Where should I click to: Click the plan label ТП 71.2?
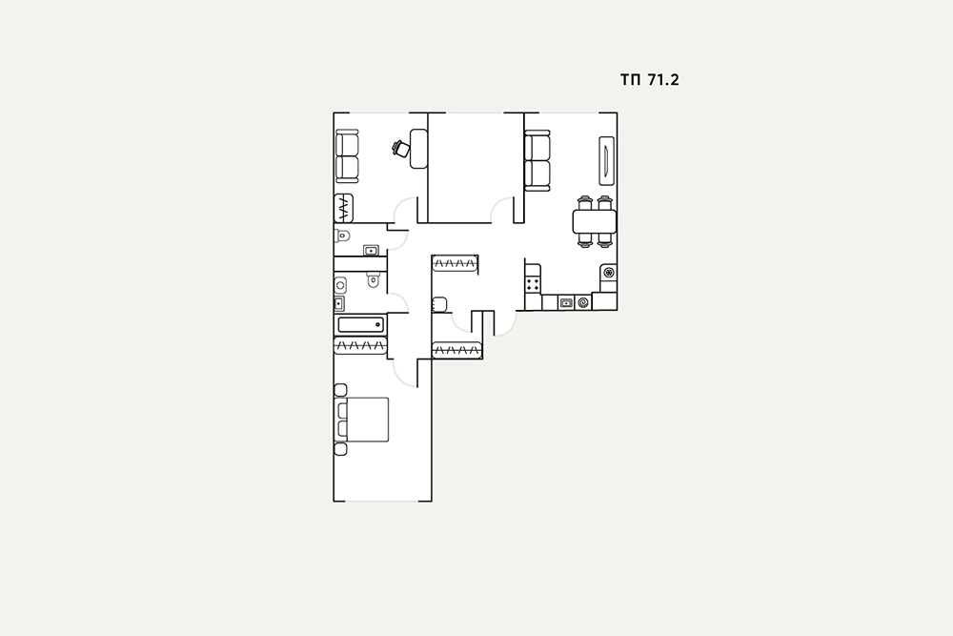pyautogui.click(x=649, y=80)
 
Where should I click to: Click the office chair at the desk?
pyautogui.click(x=401, y=148)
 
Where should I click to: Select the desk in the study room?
pyautogui.click(x=418, y=149)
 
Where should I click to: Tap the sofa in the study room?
pyautogui.click(x=348, y=156)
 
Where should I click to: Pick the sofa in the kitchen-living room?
pyautogui.click(x=537, y=160)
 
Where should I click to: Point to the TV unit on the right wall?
pyautogui.click(x=606, y=160)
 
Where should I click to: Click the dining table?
pyautogui.click(x=595, y=221)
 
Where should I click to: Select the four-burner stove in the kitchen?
pyautogui.click(x=534, y=283)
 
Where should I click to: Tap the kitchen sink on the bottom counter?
pyautogui.click(x=566, y=302)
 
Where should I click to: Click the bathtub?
pyautogui.click(x=361, y=325)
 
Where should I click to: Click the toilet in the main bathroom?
pyautogui.click(x=374, y=279)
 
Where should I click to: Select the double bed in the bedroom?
pyautogui.click(x=361, y=420)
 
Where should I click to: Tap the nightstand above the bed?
pyautogui.click(x=341, y=390)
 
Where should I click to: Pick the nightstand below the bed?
pyautogui.click(x=341, y=449)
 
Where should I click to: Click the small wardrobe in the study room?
pyautogui.click(x=343, y=209)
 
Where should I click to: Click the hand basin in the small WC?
pyautogui.click(x=371, y=251)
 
